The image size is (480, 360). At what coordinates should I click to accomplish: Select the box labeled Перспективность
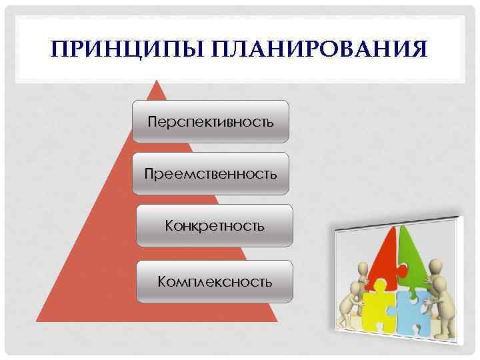[x=211, y=121]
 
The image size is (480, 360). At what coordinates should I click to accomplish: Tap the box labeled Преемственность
[x=211, y=173]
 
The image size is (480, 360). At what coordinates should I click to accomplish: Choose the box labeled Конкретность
[x=214, y=225]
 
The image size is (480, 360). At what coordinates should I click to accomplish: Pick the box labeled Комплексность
[x=214, y=281]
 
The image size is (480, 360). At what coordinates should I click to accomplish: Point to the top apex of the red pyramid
[x=157, y=82]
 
